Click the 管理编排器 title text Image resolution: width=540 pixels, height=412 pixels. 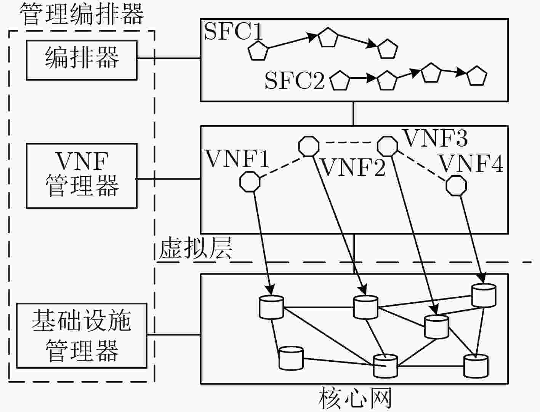point(82,14)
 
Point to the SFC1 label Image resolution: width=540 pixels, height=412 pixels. point(233,32)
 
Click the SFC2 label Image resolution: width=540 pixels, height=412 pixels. point(295,80)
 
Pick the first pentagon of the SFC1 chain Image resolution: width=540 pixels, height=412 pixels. point(258,51)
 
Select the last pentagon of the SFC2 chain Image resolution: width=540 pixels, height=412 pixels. point(477,76)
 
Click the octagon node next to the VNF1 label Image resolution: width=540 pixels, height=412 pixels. point(250,182)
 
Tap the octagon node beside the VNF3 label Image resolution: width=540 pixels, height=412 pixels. point(388,147)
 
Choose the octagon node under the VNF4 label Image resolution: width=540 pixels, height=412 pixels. point(456,185)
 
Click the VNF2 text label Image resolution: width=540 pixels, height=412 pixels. point(353,168)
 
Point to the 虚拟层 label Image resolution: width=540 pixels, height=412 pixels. point(195,248)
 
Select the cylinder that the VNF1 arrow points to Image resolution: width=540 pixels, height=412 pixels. point(271,307)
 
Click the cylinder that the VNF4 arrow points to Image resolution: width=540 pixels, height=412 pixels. point(484,295)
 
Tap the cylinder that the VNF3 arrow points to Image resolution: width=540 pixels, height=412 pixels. point(436,327)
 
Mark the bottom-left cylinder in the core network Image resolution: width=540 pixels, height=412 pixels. point(291,358)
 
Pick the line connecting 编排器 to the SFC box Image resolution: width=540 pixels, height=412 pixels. point(169,58)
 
